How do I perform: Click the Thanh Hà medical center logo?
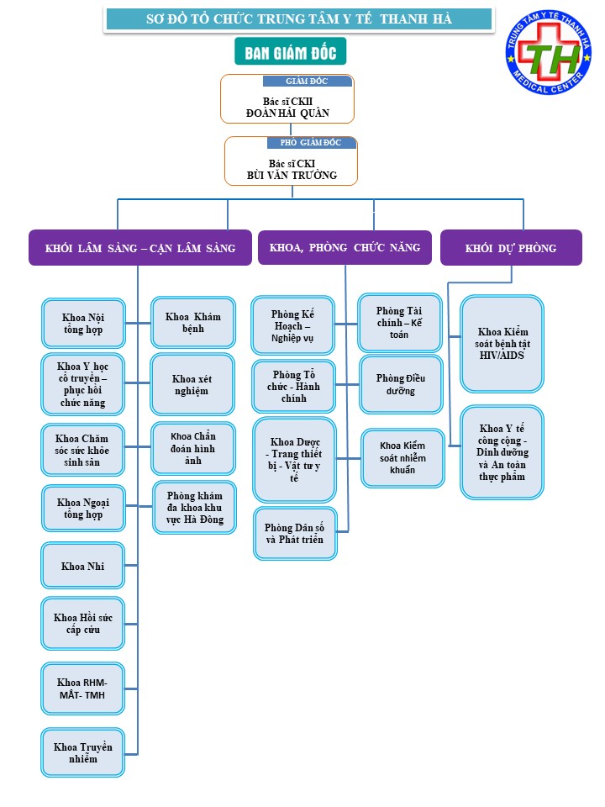549,51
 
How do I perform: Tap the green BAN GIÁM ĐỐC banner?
290,51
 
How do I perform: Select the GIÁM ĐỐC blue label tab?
308,81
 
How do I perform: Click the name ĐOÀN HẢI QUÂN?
287,113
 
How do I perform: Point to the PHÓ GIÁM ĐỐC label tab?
311,143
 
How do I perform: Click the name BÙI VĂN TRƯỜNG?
292,176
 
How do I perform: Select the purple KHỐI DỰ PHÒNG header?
511,248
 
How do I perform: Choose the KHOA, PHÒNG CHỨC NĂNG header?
345,247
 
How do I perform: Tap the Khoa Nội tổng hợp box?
83,323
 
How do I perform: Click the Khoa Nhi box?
83,566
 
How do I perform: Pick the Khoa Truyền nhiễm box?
83,752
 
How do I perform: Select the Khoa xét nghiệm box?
192,384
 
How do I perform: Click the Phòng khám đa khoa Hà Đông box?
194,508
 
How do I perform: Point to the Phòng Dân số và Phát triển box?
295,534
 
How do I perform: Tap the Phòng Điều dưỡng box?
401,384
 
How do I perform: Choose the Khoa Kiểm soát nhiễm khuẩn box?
402,457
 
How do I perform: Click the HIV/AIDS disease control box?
502,344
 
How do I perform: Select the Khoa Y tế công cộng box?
502,452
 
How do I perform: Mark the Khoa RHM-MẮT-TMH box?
83,688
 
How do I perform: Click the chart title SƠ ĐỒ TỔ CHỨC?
299,19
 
